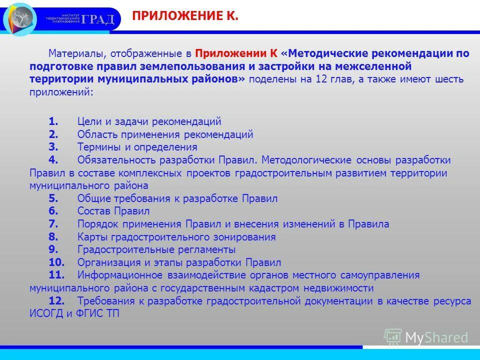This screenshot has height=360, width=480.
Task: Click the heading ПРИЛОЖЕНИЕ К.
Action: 185,16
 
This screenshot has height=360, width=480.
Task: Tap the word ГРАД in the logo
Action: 98,19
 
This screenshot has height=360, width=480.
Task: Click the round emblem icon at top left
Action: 20,18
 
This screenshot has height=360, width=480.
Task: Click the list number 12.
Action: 56,301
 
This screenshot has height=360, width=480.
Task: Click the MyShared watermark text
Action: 436,337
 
